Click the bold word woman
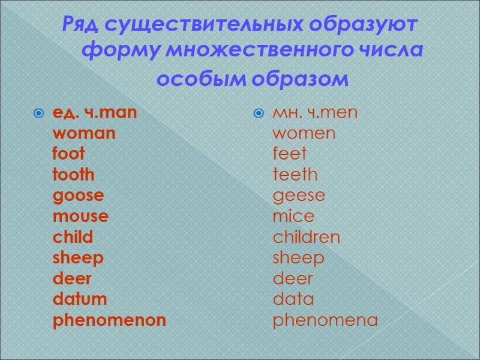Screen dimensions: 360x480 [84, 133]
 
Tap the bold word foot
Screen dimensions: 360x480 [68, 154]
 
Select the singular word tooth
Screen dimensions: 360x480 [74, 175]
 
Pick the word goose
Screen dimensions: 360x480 [78, 196]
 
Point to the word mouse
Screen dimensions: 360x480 [80, 217]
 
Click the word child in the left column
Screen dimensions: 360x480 [73, 238]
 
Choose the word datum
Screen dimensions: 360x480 [80, 299]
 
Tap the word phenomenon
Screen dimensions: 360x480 [109, 320]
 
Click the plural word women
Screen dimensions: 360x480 [304, 133]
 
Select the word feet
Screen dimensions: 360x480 [289, 154]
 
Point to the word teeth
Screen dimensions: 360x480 [295, 175]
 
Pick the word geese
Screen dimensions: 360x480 [299, 196]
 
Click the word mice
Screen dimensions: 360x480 [293, 217]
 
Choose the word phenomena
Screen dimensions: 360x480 [325, 320]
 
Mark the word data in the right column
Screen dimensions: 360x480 [293, 299]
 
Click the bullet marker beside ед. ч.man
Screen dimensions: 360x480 [39, 113]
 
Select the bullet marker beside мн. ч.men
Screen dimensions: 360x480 [259, 113]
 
